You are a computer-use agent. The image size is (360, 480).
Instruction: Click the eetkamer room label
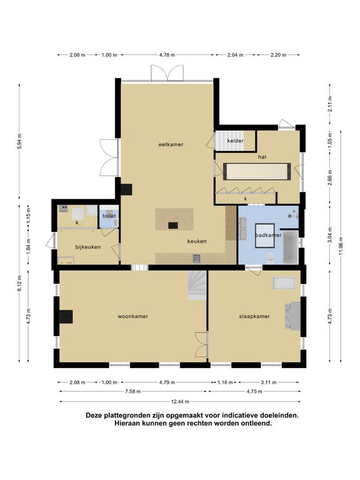click(171, 144)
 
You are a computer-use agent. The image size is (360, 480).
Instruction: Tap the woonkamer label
click(133, 316)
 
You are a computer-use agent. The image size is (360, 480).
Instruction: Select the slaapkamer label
click(254, 316)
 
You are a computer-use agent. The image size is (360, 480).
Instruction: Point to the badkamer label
click(268, 235)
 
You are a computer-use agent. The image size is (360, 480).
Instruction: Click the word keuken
click(197, 241)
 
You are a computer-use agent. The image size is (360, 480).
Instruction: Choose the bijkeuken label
click(88, 247)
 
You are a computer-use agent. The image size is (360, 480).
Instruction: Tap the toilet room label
click(109, 216)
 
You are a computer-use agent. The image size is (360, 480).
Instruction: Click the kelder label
click(236, 141)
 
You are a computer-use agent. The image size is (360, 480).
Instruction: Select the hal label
click(262, 157)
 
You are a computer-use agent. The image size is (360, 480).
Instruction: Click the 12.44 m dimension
click(180, 402)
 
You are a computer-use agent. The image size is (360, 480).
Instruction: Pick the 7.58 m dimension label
click(133, 391)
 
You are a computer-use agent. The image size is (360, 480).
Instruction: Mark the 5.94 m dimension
click(19, 141)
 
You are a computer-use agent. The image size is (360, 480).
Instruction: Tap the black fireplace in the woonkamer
click(66, 316)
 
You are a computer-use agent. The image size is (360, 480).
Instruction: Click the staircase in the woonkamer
click(197, 286)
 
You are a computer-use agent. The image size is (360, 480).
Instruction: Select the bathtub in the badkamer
click(291, 247)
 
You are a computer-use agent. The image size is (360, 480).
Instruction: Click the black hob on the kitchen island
click(173, 225)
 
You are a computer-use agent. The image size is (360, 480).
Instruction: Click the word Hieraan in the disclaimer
click(127, 424)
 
